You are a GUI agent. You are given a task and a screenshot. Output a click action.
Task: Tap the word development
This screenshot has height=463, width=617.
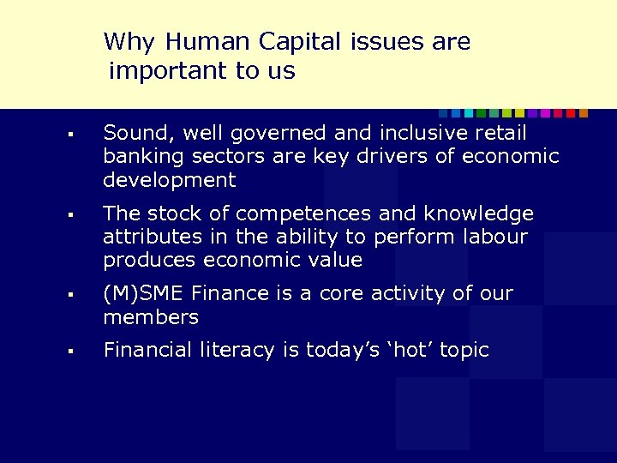tap(169, 180)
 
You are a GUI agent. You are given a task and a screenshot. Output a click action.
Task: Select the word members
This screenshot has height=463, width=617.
tap(151, 317)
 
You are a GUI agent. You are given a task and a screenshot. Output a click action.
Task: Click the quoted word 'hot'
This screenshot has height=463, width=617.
tap(406, 350)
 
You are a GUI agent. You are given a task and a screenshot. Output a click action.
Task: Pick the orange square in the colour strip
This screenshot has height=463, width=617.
tap(584, 113)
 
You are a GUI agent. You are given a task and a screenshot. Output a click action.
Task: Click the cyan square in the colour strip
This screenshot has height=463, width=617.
tap(456, 113)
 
